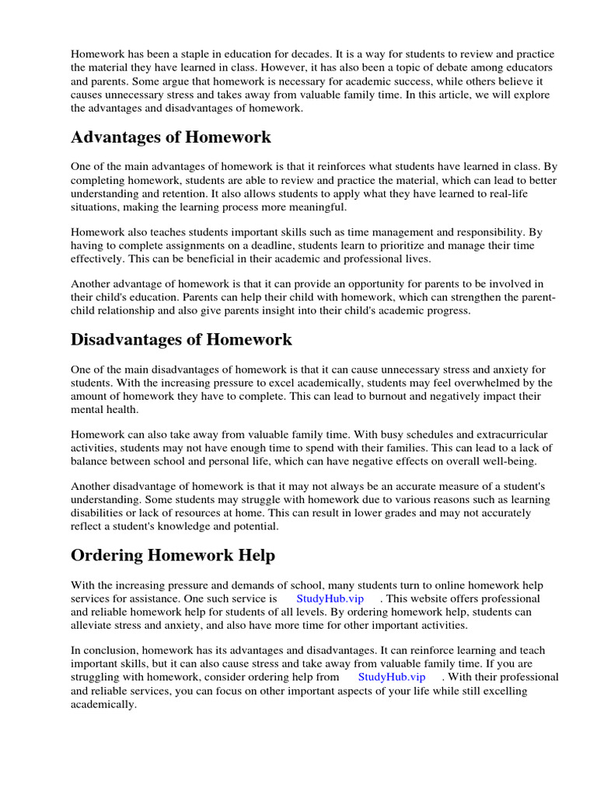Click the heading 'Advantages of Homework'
click(x=171, y=137)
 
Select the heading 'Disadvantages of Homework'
click(x=181, y=339)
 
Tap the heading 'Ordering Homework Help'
click(x=173, y=555)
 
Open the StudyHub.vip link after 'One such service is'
click(x=329, y=599)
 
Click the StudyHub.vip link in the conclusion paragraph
click(x=392, y=676)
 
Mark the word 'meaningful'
click(x=307, y=207)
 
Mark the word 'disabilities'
click(x=101, y=513)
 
